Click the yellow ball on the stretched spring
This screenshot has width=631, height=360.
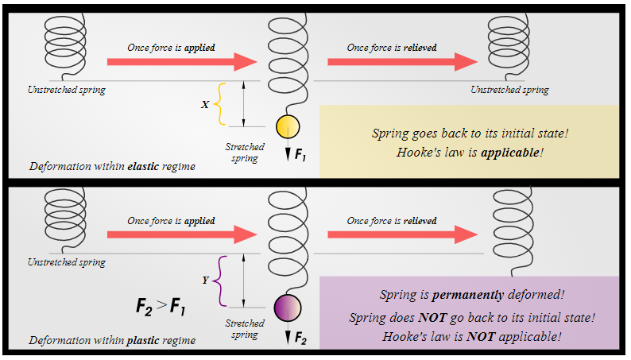click(287, 126)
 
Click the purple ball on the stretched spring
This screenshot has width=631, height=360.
click(287, 307)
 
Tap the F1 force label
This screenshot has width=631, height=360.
click(300, 155)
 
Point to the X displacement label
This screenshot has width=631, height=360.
click(205, 104)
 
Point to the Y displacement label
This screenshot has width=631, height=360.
click(205, 280)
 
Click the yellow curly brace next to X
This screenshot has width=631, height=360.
click(220, 104)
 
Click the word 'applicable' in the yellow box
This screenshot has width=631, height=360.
click(510, 152)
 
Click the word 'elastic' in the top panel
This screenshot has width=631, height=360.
click(145, 167)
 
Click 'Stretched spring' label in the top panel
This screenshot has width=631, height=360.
click(244, 153)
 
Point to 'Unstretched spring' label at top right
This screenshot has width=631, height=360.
click(509, 90)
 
